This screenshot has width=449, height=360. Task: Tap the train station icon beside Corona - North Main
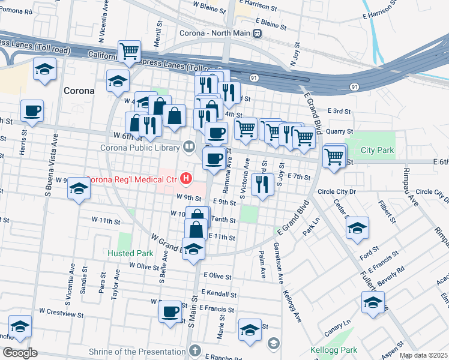coord(258,34)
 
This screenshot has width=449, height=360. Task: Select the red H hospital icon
coord(186,179)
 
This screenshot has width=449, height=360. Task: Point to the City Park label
coord(378,150)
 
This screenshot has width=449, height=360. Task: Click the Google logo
coord(20,353)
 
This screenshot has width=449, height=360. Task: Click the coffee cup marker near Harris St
coord(32,110)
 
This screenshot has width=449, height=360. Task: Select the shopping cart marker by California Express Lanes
coord(129,52)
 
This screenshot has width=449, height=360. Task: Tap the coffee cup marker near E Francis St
coord(170,311)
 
